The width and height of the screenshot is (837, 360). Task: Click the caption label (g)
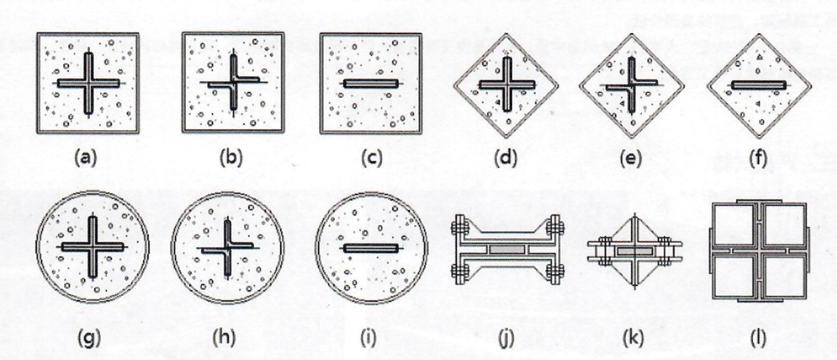point(89,338)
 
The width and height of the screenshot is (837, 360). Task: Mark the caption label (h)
point(224,338)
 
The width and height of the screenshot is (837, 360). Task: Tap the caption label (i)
point(369,338)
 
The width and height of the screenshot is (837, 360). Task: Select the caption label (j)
point(506,338)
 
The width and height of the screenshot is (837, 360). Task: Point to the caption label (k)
point(634,338)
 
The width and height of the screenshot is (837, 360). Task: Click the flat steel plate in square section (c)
point(371,84)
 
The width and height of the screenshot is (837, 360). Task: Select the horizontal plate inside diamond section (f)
point(758,85)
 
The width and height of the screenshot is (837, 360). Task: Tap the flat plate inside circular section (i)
point(371,248)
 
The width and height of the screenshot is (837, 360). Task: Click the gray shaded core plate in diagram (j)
point(507,249)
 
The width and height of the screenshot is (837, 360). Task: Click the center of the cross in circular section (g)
point(92,247)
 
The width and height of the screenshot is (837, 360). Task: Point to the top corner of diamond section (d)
point(506,34)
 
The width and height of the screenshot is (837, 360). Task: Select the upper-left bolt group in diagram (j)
point(460,227)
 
